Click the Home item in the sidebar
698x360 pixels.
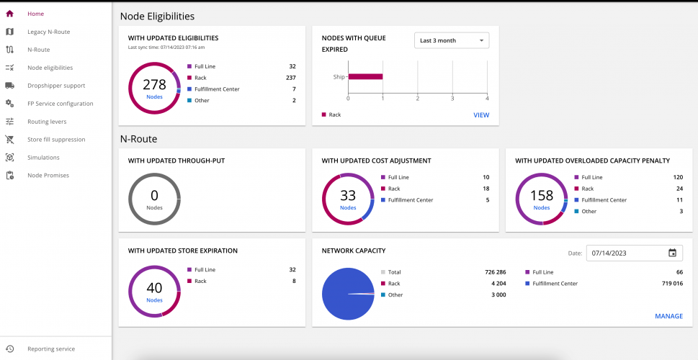pyautogui.click(x=35, y=14)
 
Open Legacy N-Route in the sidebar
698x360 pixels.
pyautogui.click(x=48, y=32)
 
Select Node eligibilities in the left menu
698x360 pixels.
pyautogui.click(x=50, y=68)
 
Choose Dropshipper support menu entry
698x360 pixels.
pyautogui.click(x=55, y=86)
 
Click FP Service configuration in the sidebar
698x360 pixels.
pyautogui.click(x=60, y=104)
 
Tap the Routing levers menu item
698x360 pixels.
pyautogui.click(x=47, y=122)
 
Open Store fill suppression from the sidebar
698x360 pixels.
pyautogui.click(x=56, y=140)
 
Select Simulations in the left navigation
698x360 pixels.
pyautogui.click(x=43, y=158)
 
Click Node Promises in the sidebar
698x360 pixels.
pyautogui.click(x=48, y=176)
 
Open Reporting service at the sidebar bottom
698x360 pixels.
pyautogui.click(x=50, y=349)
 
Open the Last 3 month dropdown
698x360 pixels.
pyautogui.click(x=452, y=40)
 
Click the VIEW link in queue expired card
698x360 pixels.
pyautogui.click(x=480, y=114)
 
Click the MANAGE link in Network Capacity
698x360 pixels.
pyautogui.click(x=668, y=316)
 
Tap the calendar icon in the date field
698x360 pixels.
pyautogui.click(x=672, y=253)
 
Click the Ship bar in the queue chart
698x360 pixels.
pyautogui.click(x=365, y=76)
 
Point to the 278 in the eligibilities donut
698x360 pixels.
pyautogui.click(x=154, y=85)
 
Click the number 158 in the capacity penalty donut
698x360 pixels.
pyautogui.click(x=542, y=196)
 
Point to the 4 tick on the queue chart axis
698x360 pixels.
pyautogui.click(x=487, y=99)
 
